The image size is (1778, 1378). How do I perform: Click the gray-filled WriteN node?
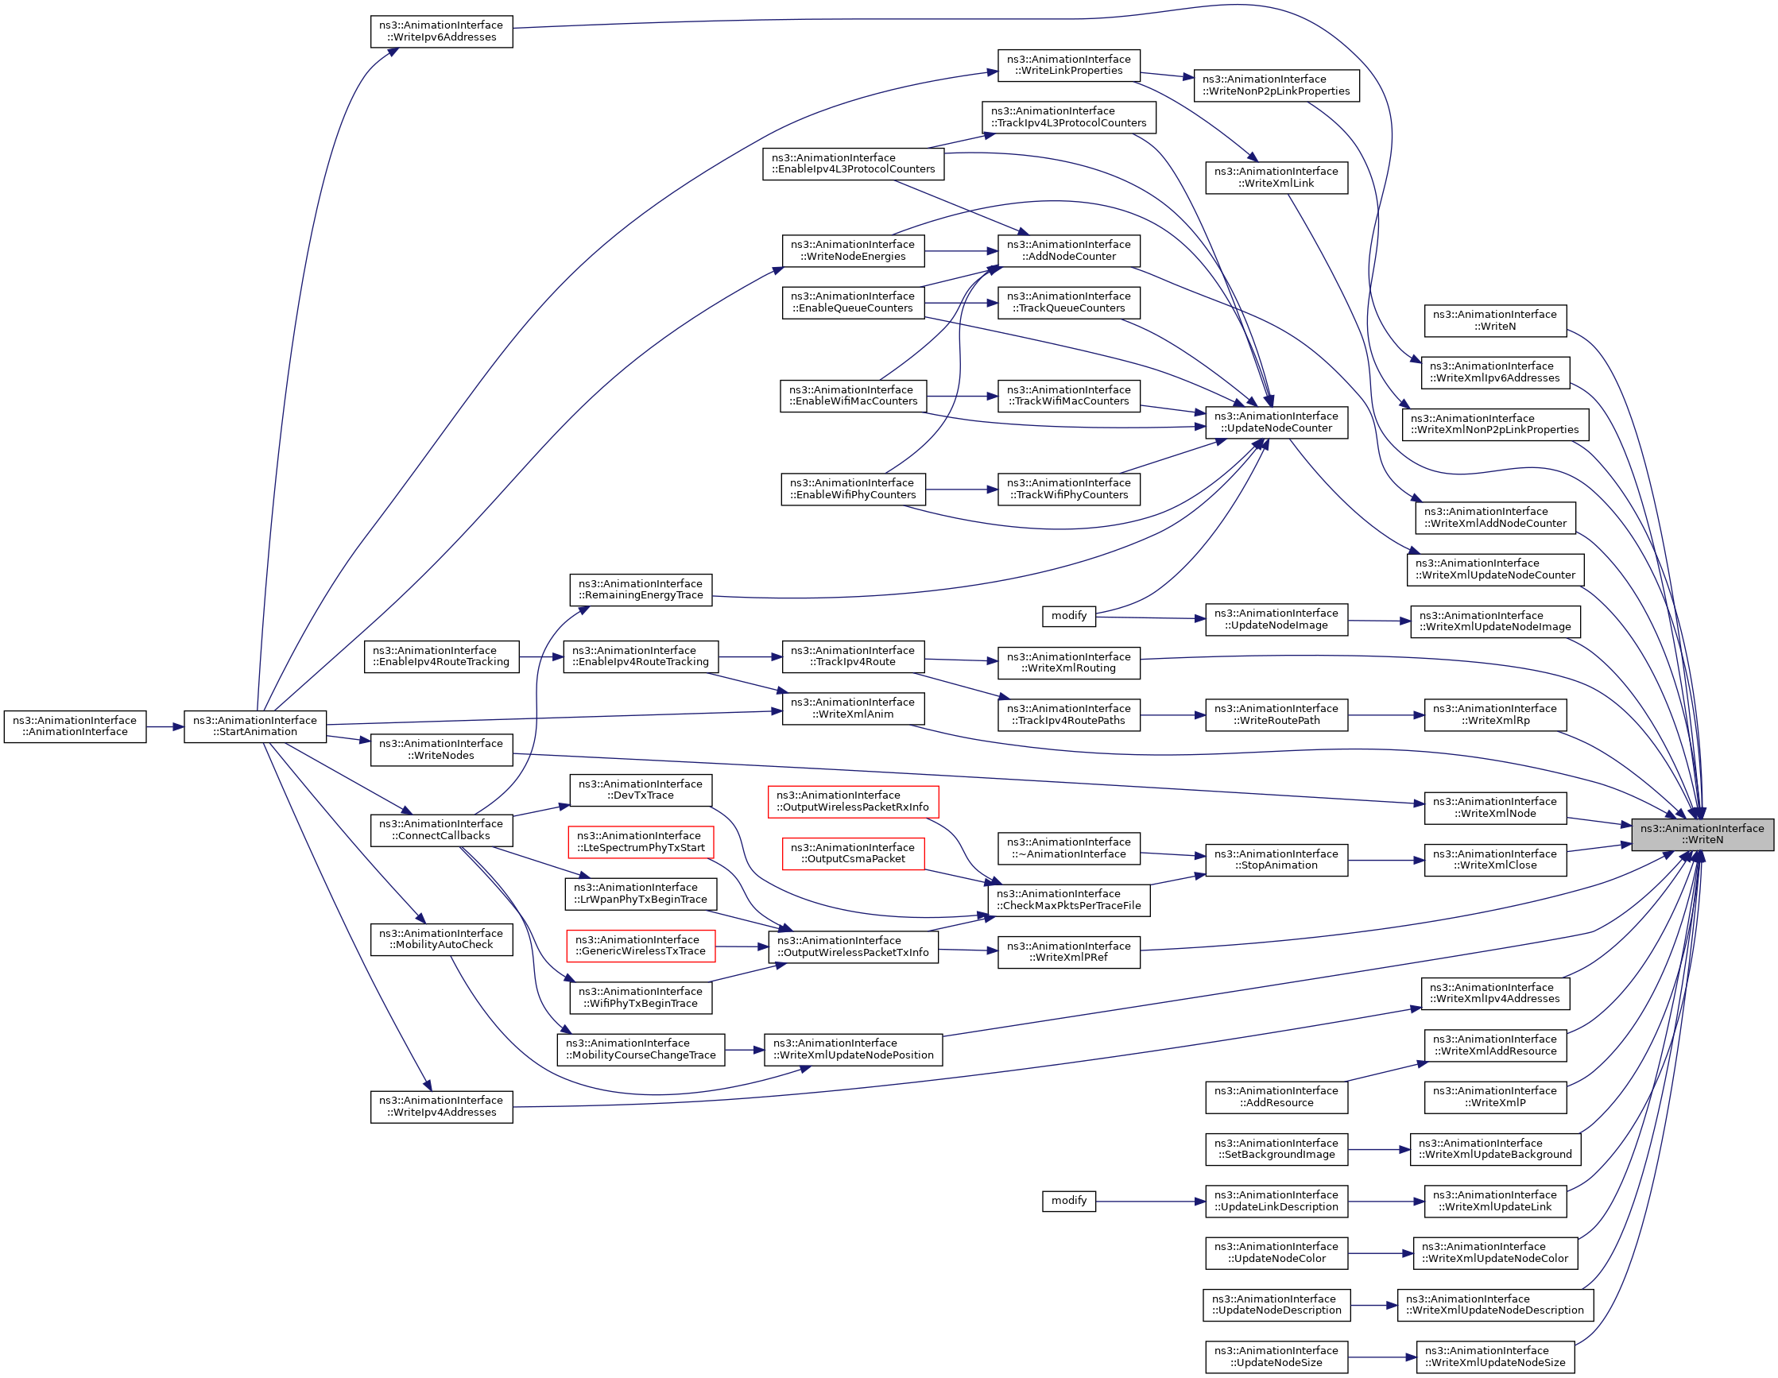(x=1702, y=834)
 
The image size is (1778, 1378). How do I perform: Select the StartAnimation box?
(x=255, y=726)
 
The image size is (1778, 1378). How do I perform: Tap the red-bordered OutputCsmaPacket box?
(x=852, y=853)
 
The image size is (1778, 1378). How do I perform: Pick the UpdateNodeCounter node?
(x=1276, y=422)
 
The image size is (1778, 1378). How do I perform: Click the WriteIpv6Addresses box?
(x=441, y=31)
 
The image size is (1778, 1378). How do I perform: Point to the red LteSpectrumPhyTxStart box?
(x=641, y=842)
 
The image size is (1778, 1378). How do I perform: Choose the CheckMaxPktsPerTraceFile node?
(x=1068, y=900)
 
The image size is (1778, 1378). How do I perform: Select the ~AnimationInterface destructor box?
(x=1068, y=848)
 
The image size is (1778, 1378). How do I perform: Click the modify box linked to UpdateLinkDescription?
(x=1068, y=1201)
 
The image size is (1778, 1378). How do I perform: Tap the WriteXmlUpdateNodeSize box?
(x=1495, y=1357)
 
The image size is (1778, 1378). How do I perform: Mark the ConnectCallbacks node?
(x=441, y=830)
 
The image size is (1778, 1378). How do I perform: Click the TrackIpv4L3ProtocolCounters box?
(x=1068, y=117)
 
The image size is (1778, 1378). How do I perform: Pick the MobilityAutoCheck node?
(x=441, y=939)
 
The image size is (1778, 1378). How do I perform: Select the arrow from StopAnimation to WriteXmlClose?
(x=1385, y=860)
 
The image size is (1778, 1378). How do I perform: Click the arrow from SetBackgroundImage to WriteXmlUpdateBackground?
(x=1378, y=1149)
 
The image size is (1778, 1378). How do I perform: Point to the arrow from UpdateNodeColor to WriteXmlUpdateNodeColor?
(x=1380, y=1253)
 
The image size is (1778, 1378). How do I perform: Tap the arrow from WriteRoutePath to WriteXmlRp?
(x=1385, y=714)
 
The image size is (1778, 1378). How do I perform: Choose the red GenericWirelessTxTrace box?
(x=641, y=946)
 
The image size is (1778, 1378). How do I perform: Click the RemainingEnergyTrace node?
(x=641, y=590)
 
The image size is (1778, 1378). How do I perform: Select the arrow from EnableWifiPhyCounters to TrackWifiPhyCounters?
(x=962, y=490)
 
